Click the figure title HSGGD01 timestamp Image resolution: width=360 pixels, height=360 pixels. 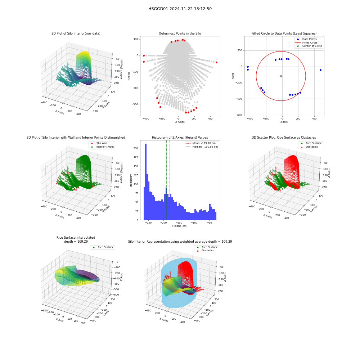(x=180, y=9)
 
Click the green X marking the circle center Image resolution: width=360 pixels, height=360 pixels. (x=281, y=76)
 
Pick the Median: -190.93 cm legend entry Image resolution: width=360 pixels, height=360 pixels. (x=202, y=147)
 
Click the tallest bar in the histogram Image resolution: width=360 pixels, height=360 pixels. (x=146, y=182)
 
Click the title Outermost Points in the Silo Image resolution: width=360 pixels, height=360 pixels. (x=180, y=33)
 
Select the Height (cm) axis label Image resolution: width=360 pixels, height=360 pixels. (x=180, y=226)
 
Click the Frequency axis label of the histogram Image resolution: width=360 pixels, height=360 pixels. (x=131, y=180)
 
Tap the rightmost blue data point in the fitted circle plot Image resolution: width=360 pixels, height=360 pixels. (x=320, y=70)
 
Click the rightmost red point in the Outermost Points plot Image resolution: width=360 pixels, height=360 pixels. (x=216, y=62)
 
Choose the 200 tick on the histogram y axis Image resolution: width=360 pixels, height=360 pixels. (x=136, y=148)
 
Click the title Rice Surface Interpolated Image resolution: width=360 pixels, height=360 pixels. (x=76, y=238)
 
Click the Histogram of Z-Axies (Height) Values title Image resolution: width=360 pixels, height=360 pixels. (x=180, y=138)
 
